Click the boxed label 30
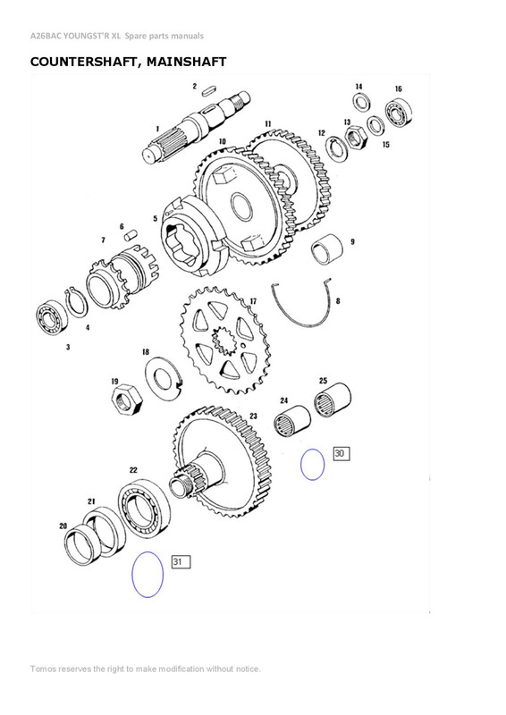[x=340, y=454]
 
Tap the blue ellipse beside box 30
[x=311, y=465]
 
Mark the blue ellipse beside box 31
[x=148, y=575]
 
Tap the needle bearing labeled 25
[x=330, y=392]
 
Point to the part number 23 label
[x=253, y=416]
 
